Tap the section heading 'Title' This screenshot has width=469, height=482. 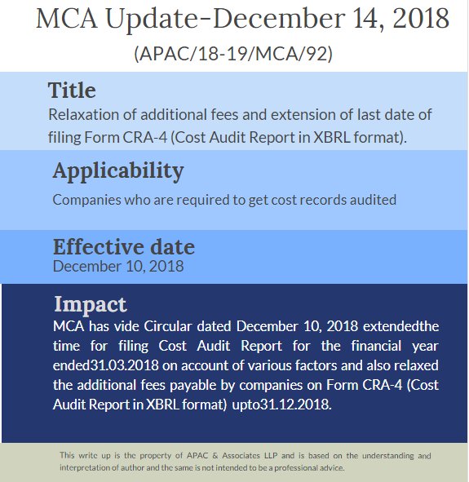[72, 90]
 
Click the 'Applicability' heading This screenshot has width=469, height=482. [118, 171]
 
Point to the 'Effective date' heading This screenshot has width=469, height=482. [124, 247]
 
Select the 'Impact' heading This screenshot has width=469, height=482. [91, 305]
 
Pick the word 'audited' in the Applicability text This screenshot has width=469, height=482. [372, 199]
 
